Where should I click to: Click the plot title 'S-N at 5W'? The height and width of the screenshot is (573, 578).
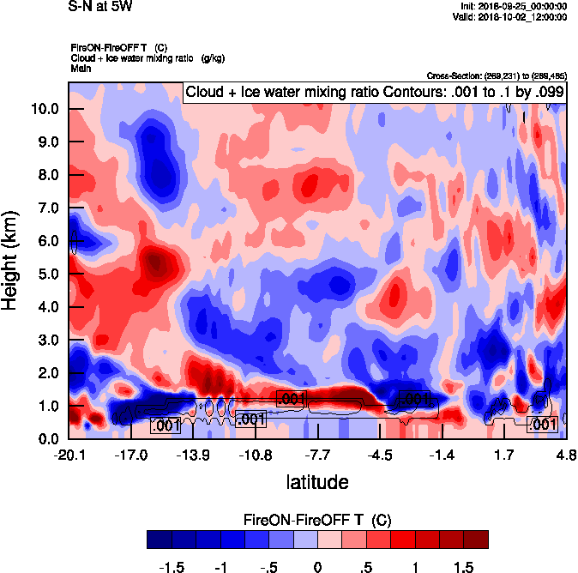click(99, 7)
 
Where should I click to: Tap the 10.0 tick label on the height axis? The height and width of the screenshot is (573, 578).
click(45, 109)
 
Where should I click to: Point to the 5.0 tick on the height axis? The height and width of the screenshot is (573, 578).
click(45, 274)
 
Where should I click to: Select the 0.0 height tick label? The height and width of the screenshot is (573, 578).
click(45, 439)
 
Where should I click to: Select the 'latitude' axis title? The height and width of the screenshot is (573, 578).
click(317, 482)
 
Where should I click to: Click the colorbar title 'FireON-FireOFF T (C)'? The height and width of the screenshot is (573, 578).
click(317, 520)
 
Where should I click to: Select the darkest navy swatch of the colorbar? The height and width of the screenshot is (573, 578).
click(159, 539)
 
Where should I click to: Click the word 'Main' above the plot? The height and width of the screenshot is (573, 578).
click(81, 67)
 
